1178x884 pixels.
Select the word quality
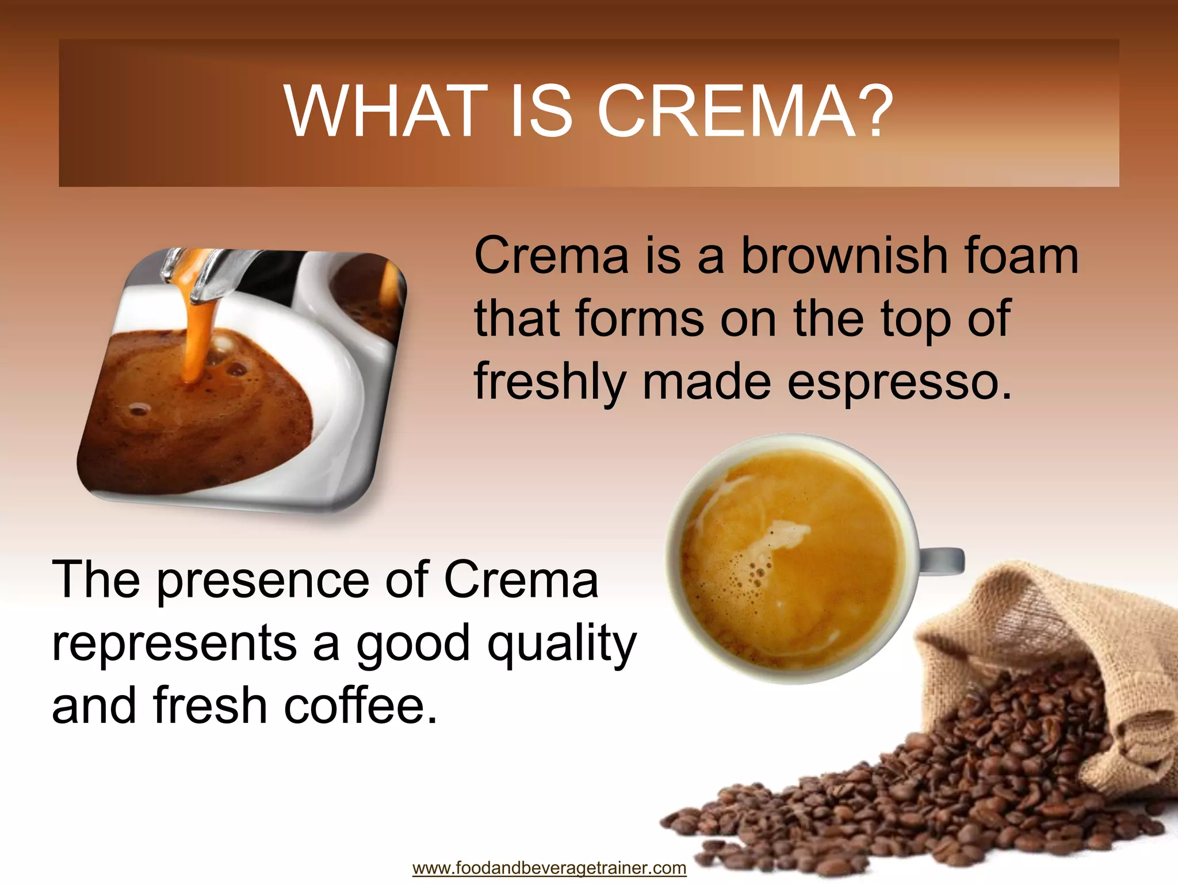pos(561,645)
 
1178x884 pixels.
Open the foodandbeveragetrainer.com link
pos(549,868)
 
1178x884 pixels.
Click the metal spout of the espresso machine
pos(210,276)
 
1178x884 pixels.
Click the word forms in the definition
pos(639,319)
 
